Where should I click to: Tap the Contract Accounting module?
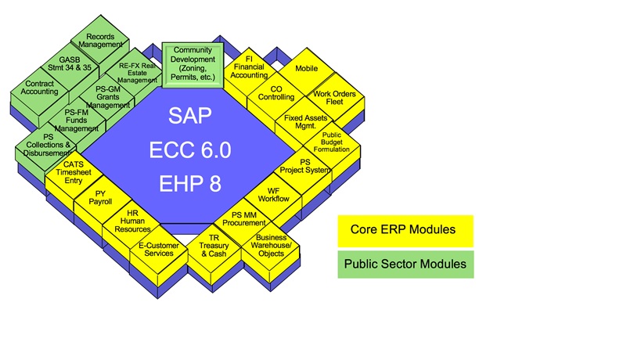tap(40, 87)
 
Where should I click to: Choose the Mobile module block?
tap(306, 69)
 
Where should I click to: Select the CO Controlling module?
tap(276, 93)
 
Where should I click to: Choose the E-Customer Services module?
tap(159, 248)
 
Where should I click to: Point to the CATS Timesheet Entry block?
tap(74, 171)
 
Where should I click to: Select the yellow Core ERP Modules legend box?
tap(405, 230)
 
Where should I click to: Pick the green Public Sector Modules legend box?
tap(405, 264)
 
